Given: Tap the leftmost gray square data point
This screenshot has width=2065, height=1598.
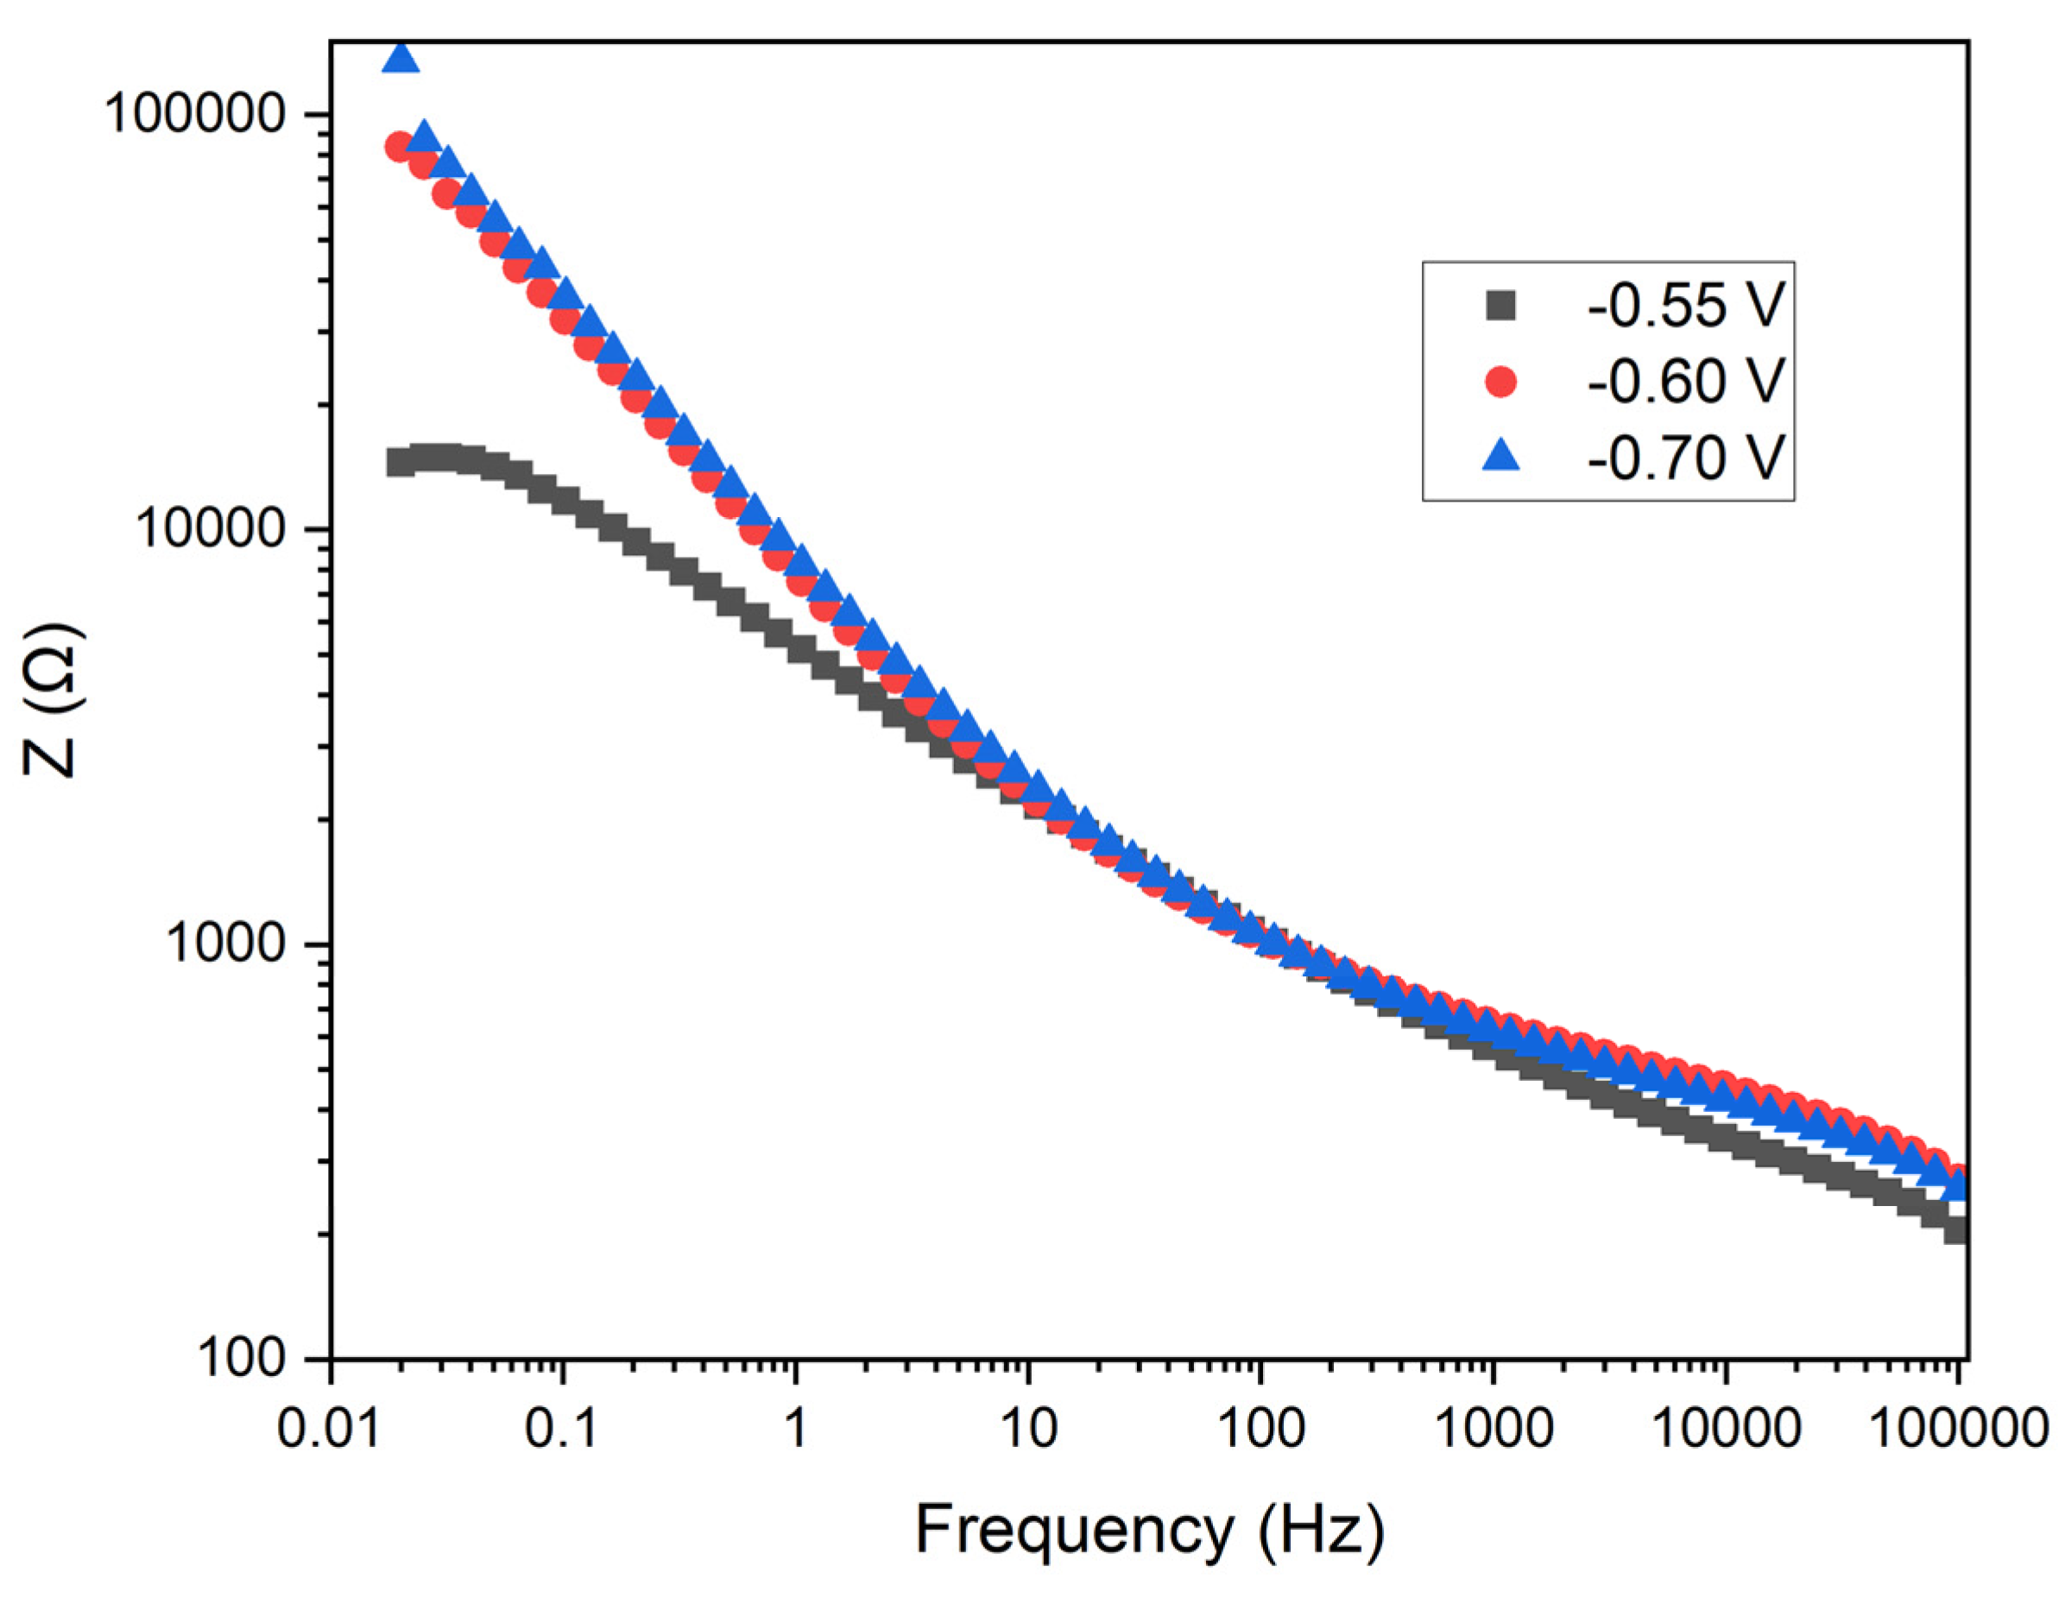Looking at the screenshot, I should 400,463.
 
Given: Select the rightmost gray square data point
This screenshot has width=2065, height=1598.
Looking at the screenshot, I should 1955,1230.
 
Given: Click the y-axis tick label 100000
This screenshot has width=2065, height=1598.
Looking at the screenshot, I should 196,115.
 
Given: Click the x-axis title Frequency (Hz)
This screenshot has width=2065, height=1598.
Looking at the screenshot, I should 1149,1530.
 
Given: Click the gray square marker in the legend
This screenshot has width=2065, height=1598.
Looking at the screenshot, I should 1500,306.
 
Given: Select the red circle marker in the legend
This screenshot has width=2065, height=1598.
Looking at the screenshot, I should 1500,382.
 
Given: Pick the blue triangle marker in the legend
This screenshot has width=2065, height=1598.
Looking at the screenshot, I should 1500,458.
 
